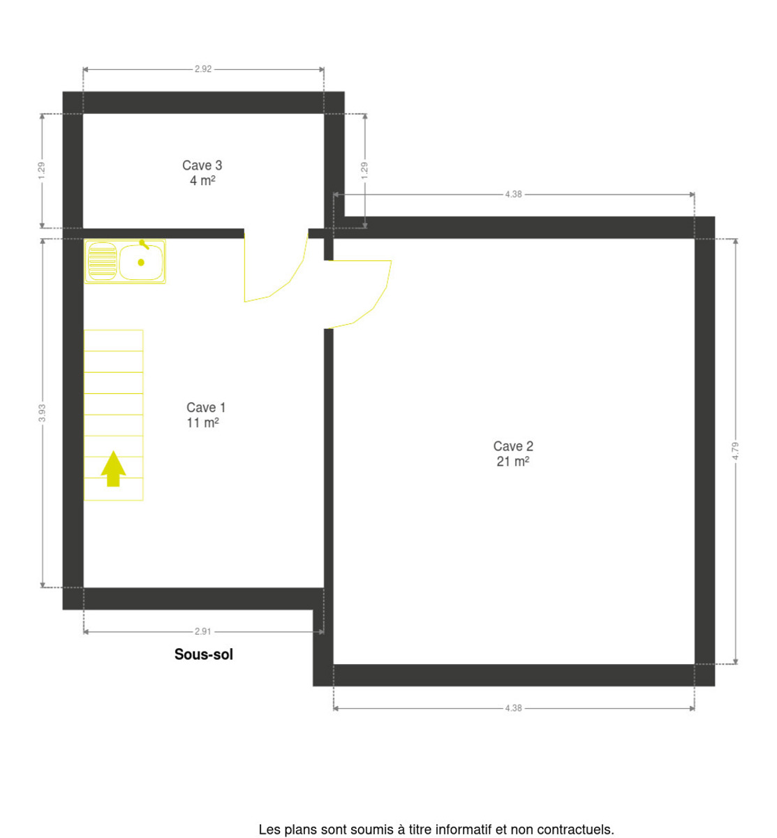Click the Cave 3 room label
click(x=202, y=166)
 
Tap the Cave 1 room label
click(x=206, y=408)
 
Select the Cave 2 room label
click(x=513, y=446)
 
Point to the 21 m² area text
click(x=512, y=462)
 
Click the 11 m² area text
click(x=202, y=422)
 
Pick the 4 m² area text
click(x=202, y=181)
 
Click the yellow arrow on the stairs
click(x=113, y=469)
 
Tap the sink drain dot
click(x=141, y=263)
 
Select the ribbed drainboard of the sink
click(x=102, y=262)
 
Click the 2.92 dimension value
click(x=203, y=69)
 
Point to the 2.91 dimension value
click(x=203, y=632)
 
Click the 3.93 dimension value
click(x=42, y=413)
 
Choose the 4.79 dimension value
click(x=735, y=451)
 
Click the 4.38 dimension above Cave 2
click(x=513, y=195)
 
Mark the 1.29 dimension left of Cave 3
click(x=41, y=170)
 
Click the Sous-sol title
click(x=204, y=654)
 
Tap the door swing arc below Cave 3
click(x=290, y=282)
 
